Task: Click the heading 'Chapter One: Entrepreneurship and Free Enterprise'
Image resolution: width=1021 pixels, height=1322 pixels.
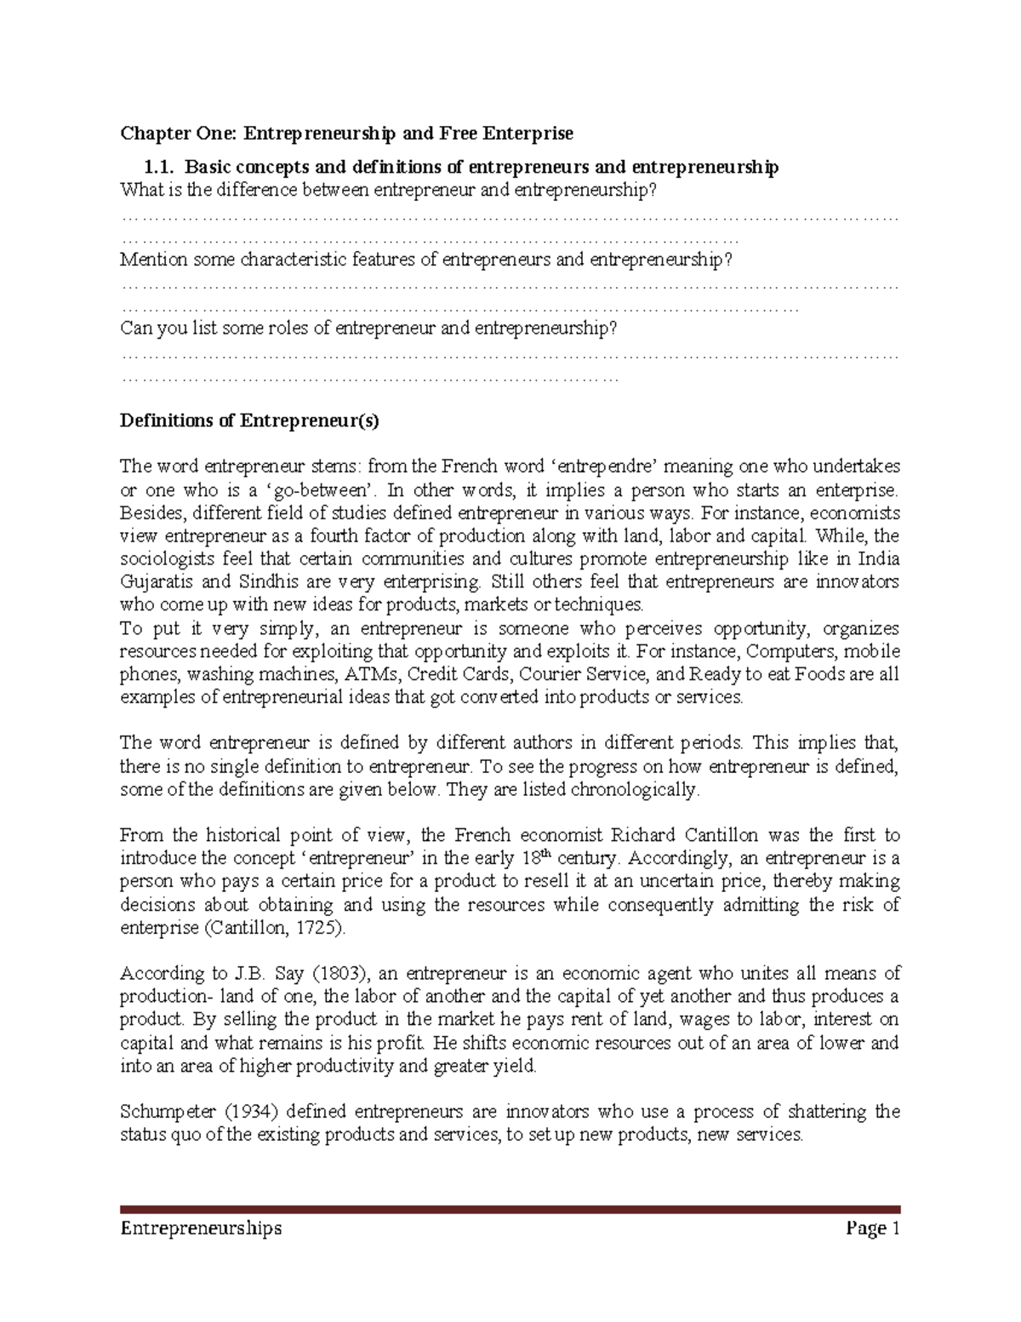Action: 346,134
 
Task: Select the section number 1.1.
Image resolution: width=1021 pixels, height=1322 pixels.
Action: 161,168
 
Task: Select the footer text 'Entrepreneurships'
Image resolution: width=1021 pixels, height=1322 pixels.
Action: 201,1228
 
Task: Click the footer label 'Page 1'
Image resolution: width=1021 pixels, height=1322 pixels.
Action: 872,1228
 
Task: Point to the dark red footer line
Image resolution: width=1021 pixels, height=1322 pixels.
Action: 510,1209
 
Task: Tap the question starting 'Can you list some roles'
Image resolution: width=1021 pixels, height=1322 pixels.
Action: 368,329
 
